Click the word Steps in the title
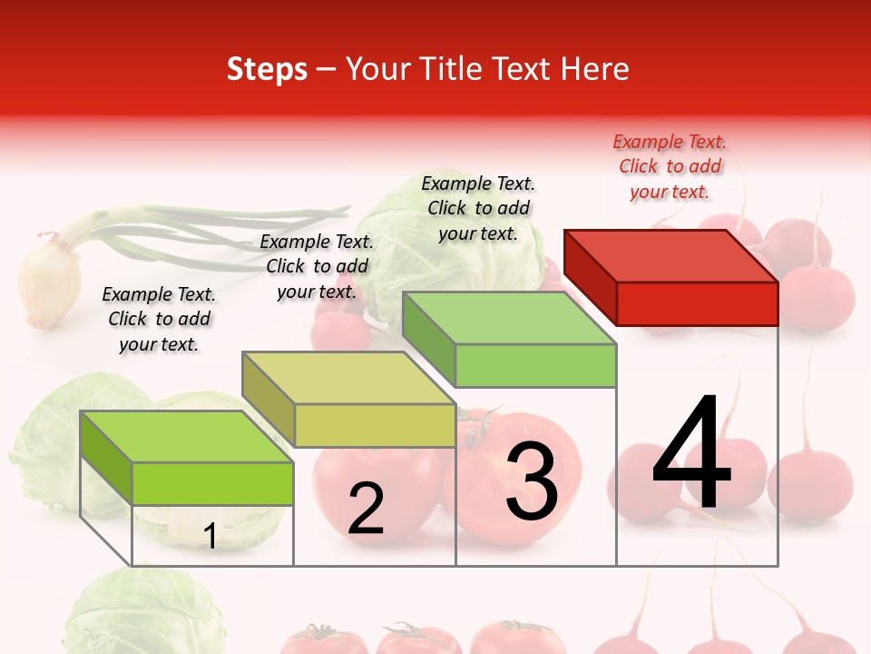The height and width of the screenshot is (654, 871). tap(267, 69)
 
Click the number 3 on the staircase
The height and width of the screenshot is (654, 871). tap(532, 481)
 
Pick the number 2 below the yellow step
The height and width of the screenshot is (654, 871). tap(366, 509)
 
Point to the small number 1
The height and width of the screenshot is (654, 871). tap(210, 536)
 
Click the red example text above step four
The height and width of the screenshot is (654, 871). tap(670, 166)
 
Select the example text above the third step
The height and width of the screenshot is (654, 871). tap(478, 208)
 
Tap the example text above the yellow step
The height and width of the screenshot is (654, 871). tap(317, 266)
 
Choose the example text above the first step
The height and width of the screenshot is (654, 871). tap(159, 319)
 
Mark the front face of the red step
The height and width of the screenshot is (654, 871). tap(697, 303)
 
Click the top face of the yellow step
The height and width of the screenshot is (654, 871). tap(349, 377)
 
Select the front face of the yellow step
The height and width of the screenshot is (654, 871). tap(375, 425)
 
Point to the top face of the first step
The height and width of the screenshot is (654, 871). tap(187, 436)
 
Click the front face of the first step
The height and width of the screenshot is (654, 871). tap(212, 483)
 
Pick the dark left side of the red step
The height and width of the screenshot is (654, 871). tap(590, 277)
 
